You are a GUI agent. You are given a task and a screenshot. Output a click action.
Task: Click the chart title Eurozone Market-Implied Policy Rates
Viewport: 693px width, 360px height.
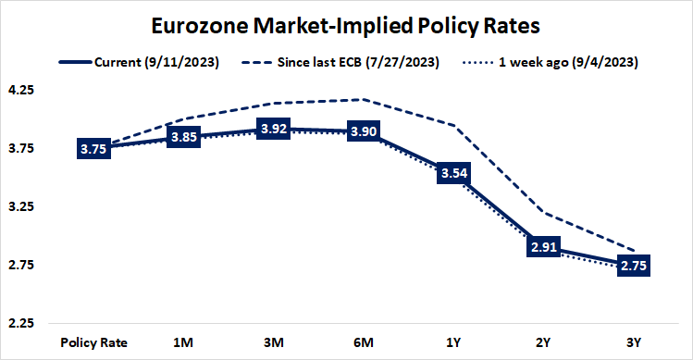coord(346,25)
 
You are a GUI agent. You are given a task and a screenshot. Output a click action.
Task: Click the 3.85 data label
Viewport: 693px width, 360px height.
coord(183,138)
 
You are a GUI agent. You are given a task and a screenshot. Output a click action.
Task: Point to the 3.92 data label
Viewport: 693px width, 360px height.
coord(273,130)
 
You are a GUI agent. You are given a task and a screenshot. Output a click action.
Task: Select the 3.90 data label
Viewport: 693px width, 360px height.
coord(363,132)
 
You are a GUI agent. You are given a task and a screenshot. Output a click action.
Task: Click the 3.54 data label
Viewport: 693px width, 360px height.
coord(453,174)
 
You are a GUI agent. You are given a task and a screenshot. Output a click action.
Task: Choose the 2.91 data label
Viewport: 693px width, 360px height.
coord(543,247)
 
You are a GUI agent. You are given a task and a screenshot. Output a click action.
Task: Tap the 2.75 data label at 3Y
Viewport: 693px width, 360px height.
coord(633,266)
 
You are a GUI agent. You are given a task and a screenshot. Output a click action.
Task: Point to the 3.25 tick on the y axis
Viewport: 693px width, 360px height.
coord(21,207)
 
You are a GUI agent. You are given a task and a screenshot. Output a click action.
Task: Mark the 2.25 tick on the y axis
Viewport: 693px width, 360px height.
coord(21,324)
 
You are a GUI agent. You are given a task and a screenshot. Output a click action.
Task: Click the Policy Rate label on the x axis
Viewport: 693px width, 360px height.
coord(93,341)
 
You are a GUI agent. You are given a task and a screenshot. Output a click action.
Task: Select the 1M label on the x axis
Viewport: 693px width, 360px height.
coord(183,341)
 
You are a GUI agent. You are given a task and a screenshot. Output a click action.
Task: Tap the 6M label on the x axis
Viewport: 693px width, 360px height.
coord(363,341)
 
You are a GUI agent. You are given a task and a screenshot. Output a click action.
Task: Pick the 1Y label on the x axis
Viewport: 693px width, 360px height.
coord(453,341)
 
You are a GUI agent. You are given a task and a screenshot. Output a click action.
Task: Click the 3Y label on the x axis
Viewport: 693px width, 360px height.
coord(633,341)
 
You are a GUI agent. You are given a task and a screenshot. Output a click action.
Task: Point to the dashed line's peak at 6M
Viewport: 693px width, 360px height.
coord(363,99)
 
